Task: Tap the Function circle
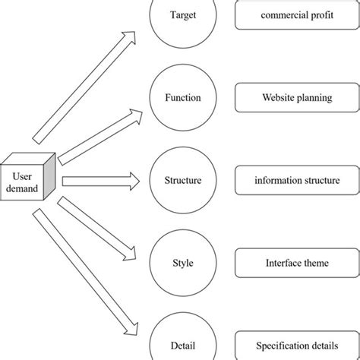pos(182,97)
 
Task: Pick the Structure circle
pos(182,180)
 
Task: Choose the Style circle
pos(182,263)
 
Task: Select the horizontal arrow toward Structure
pos(101,181)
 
